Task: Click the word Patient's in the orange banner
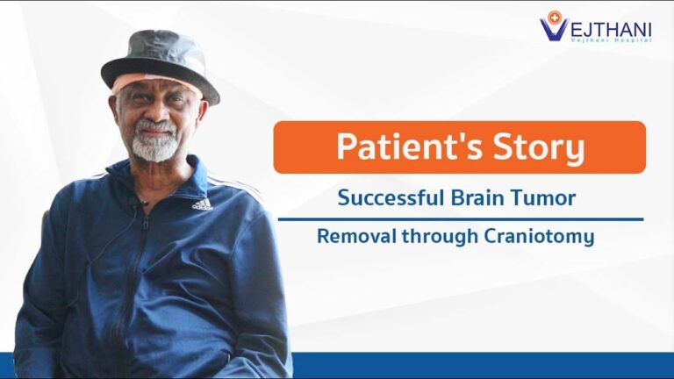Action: [410, 147]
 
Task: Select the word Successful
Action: [391, 198]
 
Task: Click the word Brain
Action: [477, 198]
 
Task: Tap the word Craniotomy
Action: [540, 237]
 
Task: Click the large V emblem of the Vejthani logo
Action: [554, 28]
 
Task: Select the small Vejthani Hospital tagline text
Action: [611, 40]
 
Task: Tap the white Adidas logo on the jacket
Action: [203, 204]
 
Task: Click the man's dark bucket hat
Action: [160, 63]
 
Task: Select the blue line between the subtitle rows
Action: [461, 219]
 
